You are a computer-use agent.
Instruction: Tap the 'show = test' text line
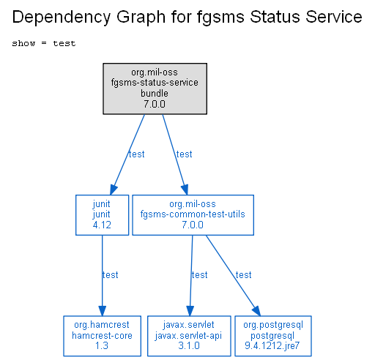[44, 43]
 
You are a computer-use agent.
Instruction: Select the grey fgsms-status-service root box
[155, 89]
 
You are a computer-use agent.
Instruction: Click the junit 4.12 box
[102, 215]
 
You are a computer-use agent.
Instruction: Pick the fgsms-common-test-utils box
[193, 215]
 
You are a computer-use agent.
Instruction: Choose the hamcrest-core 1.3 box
[102, 336]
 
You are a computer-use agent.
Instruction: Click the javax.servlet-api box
[189, 336]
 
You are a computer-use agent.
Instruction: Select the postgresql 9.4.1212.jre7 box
[273, 336]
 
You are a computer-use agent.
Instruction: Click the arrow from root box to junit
[127, 154]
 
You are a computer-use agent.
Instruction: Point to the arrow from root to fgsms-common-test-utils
[175, 154]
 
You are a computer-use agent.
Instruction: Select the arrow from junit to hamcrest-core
[102, 276]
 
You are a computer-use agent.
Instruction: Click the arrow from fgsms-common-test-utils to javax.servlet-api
[191, 276]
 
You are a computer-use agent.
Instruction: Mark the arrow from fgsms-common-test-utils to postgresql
[233, 276]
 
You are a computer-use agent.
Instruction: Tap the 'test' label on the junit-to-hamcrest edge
[111, 275]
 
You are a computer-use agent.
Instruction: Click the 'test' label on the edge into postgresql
[244, 275]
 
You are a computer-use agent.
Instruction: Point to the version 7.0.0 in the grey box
[155, 104]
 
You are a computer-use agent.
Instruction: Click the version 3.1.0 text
[189, 345]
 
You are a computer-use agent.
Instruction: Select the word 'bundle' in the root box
[155, 93]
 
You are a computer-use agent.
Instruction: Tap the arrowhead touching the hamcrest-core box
[102, 311]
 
